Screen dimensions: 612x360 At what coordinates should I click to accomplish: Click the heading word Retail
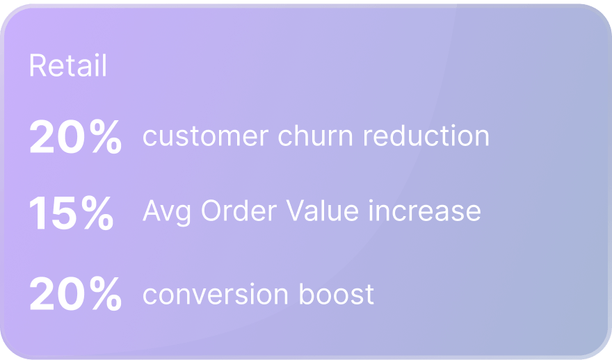point(68,65)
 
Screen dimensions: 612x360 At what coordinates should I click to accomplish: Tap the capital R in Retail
point(38,65)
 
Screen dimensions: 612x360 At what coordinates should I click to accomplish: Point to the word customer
point(205,136)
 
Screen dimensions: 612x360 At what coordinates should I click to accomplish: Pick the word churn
point(315,136)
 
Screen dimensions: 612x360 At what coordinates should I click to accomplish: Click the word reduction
point(426,136)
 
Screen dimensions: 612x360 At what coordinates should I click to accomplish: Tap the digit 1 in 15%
point(39,213)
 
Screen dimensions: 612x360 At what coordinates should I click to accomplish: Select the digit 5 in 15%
point(64,213)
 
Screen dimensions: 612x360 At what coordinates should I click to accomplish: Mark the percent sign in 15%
point(97,213)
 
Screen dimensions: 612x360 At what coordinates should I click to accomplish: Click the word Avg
point(167,213)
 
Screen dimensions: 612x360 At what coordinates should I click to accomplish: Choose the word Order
point(239,211)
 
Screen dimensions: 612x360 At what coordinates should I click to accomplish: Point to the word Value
point(322,211)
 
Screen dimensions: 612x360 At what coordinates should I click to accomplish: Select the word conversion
point(216,294)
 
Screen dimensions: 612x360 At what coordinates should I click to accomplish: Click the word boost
point(337,293)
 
